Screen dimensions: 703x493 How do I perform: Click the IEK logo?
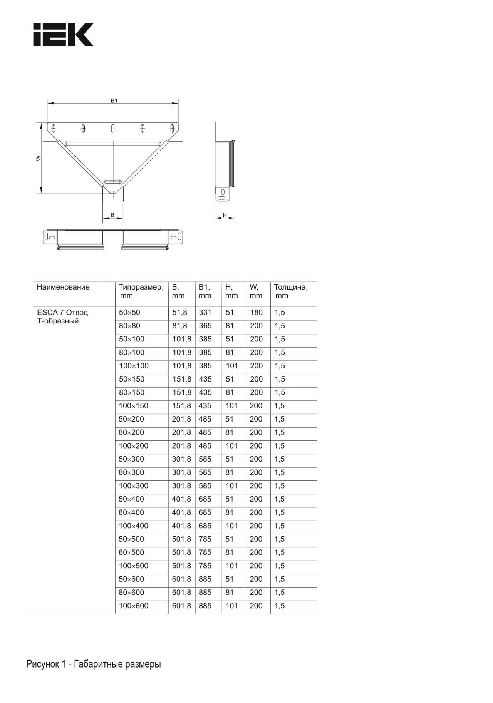tap(63, 35)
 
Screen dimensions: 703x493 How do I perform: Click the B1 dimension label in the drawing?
tap(114, 100)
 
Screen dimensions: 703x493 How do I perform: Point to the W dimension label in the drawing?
tap(39, 158)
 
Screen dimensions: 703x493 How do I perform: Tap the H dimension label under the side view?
tap(225, 215)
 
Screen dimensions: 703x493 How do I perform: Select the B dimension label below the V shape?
tap(112, 215)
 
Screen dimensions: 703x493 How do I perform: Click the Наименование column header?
tap(63, 287)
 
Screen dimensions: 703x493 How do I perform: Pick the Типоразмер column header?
tap(141, 287)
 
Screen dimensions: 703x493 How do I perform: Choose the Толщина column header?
tap(291, 287)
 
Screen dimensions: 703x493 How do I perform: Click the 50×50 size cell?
tap(129, 313)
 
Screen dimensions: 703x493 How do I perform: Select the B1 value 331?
tap(205, 313)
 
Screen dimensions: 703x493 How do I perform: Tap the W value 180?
tap(256, 313)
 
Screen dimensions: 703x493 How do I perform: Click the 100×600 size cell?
tap(133, 606)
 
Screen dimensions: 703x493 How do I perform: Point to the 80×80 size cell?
tap(129, 326)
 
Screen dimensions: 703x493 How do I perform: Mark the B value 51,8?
tap(179, 313)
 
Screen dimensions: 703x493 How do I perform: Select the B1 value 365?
tap(205, 326)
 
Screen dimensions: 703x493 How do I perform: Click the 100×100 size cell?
tap(134, 366)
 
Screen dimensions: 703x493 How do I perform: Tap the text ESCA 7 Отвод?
tap(62, 312)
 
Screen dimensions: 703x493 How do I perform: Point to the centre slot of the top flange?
tap(113, 128)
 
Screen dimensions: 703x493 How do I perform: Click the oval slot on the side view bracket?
tap(221, 198)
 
